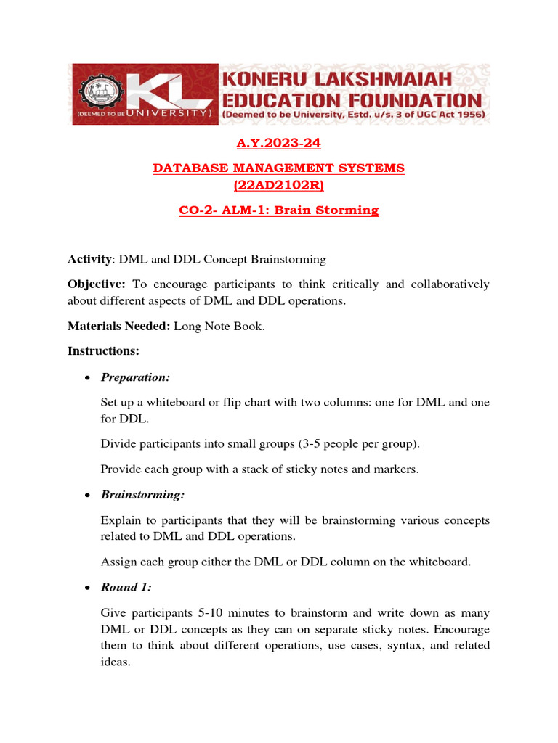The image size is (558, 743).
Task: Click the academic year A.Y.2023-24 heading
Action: [x=279, y=144]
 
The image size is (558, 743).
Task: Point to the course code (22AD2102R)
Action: [x=279, y=186]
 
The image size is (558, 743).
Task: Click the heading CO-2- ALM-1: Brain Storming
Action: [x=279, y=210]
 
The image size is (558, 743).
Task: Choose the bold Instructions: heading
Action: [x=103, y=351]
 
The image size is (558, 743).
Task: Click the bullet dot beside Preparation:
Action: [x=87, y=378]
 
